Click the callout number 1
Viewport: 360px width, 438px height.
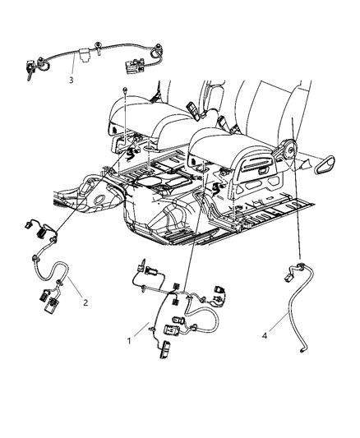point(127,339)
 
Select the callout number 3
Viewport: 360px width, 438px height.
point(72,80)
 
